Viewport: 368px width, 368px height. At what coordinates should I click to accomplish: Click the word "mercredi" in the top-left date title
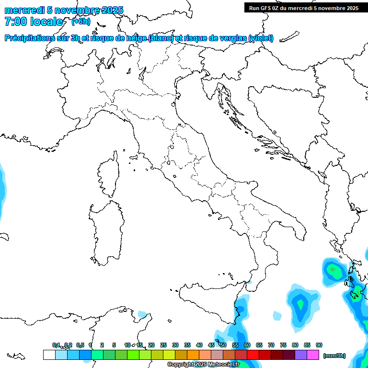point(24,10)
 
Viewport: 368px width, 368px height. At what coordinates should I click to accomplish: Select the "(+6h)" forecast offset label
point(80,21)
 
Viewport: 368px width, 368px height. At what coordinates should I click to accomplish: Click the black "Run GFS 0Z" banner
point(301,8)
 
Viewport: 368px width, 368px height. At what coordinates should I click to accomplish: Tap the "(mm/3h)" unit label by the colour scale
point(334,356)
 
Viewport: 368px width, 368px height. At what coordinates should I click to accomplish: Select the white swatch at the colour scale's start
point(49,355)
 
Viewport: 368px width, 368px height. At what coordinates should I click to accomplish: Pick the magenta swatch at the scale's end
point(313,355)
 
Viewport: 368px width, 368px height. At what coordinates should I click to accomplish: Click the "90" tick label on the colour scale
point(319,345)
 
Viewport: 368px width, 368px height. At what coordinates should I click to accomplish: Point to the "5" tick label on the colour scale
point(114,345)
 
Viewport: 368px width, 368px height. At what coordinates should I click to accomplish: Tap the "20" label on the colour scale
point(151,345)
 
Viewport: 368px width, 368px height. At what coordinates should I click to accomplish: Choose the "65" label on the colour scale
point(259,345)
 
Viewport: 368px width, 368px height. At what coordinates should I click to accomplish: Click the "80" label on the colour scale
point(295,345)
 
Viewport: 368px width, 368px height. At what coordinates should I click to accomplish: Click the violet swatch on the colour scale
point(301,355)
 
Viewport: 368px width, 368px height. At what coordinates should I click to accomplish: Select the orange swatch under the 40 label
point(193,355)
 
